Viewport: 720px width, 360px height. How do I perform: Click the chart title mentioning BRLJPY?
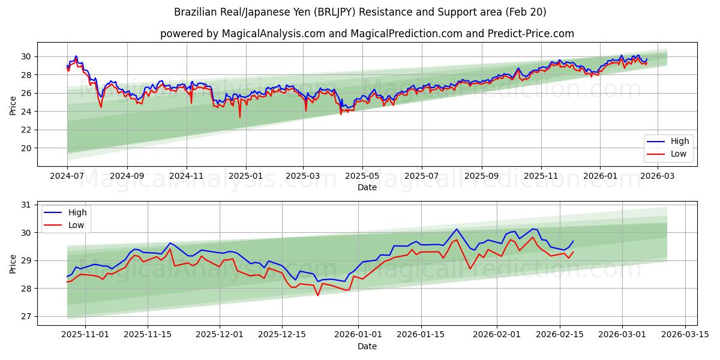pyautogui.click(x=360, y=12)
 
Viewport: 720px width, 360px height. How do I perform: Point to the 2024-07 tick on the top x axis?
pyautogui.click(x=67, y=176)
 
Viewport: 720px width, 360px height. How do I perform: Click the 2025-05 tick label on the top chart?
pyautogui.click(x=362, y=176)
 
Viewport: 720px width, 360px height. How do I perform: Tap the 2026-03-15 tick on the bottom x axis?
pyautogui.click(x=685, y=335)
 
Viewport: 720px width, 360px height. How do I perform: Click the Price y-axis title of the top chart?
pyautogui.click(x=13, y=104)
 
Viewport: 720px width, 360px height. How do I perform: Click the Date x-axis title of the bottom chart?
pyautogui.click(x=367, y=346)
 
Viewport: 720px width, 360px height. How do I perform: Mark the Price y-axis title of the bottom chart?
pyautogui.click(x=13, y=263)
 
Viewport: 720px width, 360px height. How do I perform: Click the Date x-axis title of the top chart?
pyautogui.click(x=367, y=187)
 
